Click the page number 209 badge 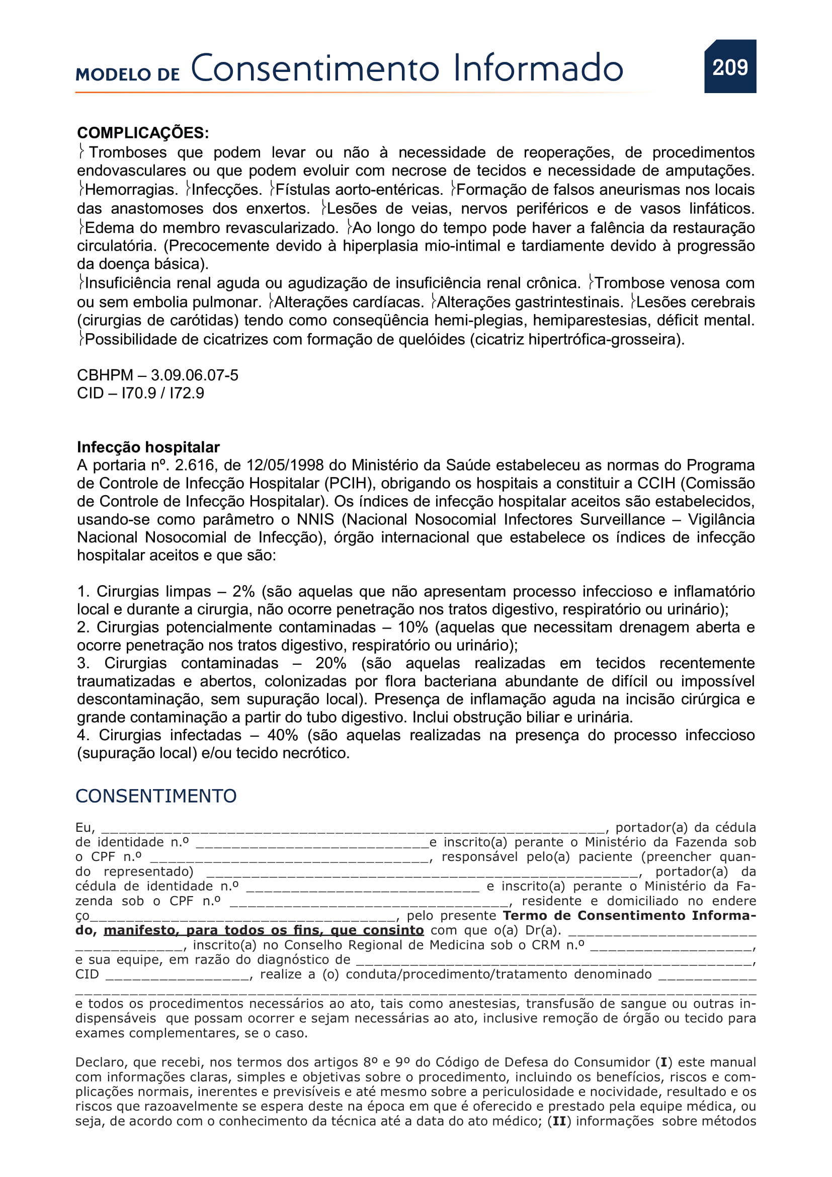[x=730, y=67]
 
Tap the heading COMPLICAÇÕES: [x=143, y=133]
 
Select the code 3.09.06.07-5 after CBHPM [x=194, y=375]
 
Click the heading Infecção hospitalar [x=148, y=447]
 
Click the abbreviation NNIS [x=315, y=519]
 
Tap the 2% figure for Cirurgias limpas [x=243, y=592]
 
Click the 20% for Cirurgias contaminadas [x=330, y=663]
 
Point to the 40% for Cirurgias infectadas [x=282, y=735]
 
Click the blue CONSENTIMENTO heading [x=156, y=796]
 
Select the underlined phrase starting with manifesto [x=264, y=930]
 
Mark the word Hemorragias [x=131, y=190]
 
